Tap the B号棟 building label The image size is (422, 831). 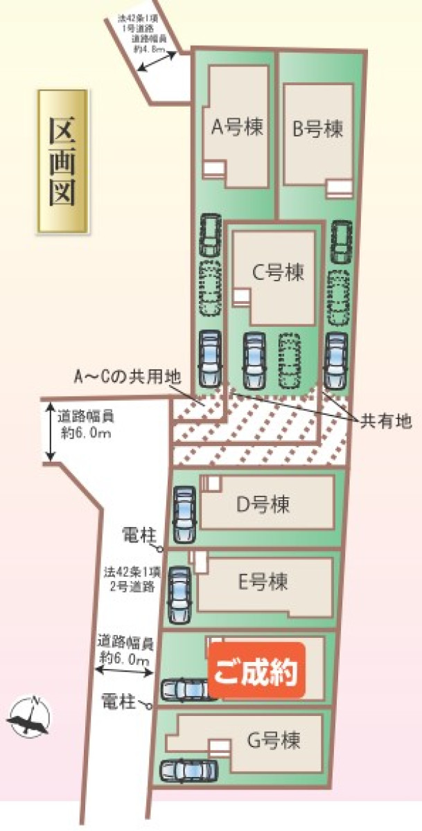pos(317,129)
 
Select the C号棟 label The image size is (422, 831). pos(278,272)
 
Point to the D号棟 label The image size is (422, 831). pos(263,504)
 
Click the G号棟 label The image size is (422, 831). pos(274,742)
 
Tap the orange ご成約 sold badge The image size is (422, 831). pos(257,670)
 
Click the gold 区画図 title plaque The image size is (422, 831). pos(62,161)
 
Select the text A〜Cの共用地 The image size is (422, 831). pos(128,377)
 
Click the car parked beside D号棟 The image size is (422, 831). pos(184,515)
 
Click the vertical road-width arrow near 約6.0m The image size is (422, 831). pos(51,433)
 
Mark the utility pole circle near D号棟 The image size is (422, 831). pos(162,550)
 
